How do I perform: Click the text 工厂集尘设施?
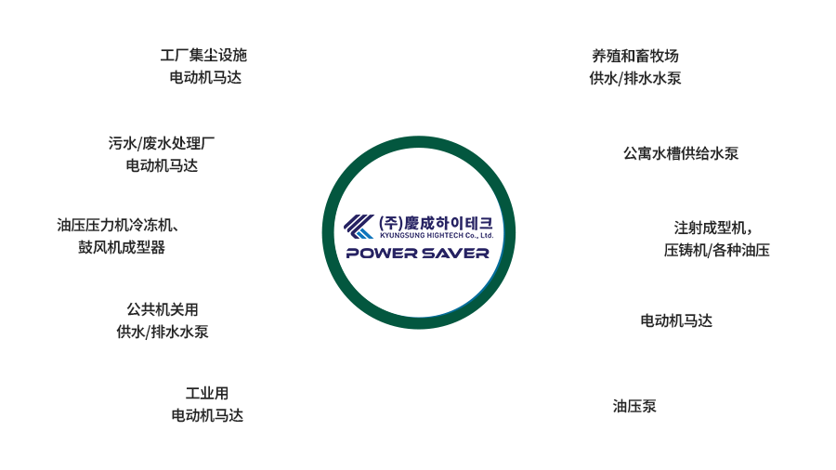[203, 55]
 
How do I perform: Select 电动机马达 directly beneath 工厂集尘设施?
[205, 77]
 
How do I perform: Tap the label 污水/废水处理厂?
[162, 143]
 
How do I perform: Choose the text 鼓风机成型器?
[122, 247]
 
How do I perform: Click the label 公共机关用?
[162, 309]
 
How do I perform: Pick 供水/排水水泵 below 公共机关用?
[162, 332]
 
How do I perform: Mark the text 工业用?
[207, 393]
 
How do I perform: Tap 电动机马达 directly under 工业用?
[207, 415]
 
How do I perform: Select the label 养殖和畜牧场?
[635, 56]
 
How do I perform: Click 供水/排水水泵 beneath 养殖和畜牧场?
[635, 78]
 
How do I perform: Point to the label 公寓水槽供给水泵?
[681, 153]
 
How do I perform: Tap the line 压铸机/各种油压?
[716, 250]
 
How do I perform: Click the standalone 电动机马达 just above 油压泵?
[676, 320]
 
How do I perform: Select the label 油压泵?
[634, 406]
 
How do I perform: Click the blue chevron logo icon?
[359, 227]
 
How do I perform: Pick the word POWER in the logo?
[381, 254]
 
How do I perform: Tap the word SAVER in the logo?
[455, 254]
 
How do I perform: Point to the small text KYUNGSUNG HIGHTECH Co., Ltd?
[437, 235]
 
